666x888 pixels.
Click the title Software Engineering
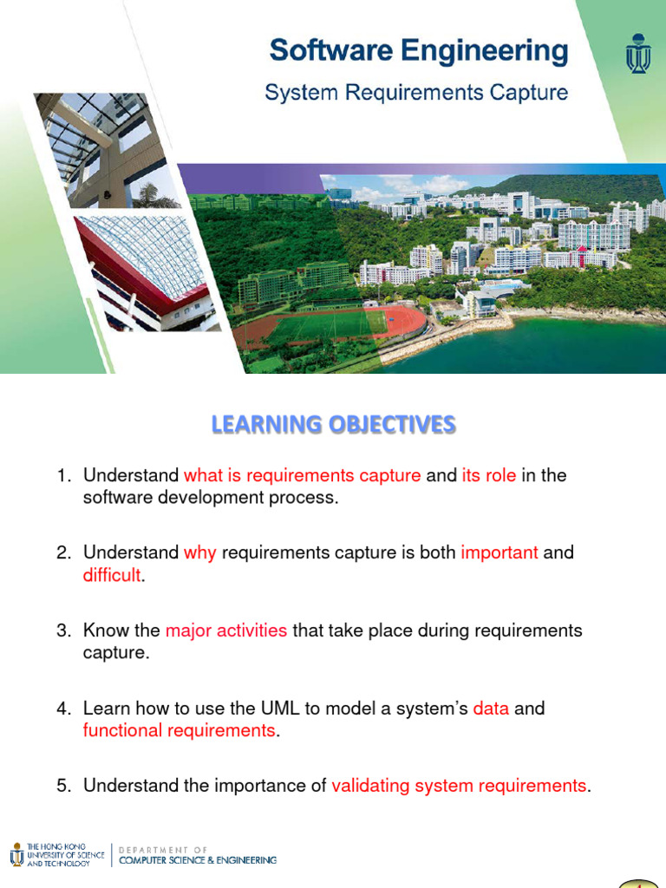[x=419, y=50]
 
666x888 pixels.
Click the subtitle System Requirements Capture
[x=416, y=93]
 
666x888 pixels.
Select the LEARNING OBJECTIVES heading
[x=334, y=424]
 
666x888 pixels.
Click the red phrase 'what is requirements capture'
[x=303, y=475]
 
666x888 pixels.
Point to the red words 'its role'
[x=488, y=475]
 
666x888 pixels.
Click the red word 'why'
[x=200, y=552]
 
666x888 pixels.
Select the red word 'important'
[x=499, y=552]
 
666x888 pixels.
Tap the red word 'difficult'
[x=111, y=574]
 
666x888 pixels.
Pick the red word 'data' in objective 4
[x=491, y=708]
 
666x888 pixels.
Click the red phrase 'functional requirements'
[x=179, y=730]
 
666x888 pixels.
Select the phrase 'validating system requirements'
[x=459, y=786]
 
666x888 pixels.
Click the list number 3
[x=62, y=630]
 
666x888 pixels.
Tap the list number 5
[x=62, y=786]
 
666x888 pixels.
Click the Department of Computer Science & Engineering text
[x=198, y=855]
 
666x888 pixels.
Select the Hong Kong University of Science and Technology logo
[x=55, y=855]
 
